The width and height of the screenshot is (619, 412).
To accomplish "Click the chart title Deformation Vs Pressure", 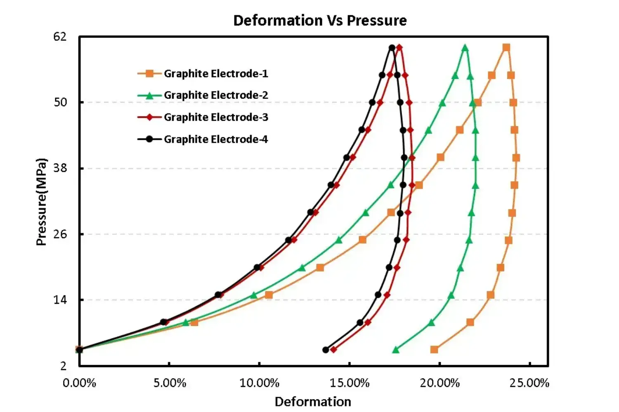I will (320, 20).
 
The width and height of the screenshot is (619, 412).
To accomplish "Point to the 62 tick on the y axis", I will (60, 37).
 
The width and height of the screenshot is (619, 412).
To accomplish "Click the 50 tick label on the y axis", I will (60, 102).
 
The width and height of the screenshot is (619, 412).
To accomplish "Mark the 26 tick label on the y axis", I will (60, 234).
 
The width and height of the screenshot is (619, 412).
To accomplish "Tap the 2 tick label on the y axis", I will (63, 366).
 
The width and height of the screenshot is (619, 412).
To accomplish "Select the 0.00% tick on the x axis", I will (79, 383).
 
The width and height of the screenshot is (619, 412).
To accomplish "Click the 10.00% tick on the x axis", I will (260, 383).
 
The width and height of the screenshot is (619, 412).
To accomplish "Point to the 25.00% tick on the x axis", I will (529, 383).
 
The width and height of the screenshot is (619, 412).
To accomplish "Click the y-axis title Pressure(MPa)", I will (41, 202).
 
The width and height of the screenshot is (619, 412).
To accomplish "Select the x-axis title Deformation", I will (313, 402).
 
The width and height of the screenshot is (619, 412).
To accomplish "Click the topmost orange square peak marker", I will (506, 48).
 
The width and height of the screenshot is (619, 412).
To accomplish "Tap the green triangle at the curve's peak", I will (465, 48).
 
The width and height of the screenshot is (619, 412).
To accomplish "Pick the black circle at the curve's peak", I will (392, 48).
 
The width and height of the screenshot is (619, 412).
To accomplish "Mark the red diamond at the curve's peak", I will (399, 48).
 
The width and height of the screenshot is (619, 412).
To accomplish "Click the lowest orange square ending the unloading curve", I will (434, 350).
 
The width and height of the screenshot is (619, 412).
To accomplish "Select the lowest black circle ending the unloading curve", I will (326, 350).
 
